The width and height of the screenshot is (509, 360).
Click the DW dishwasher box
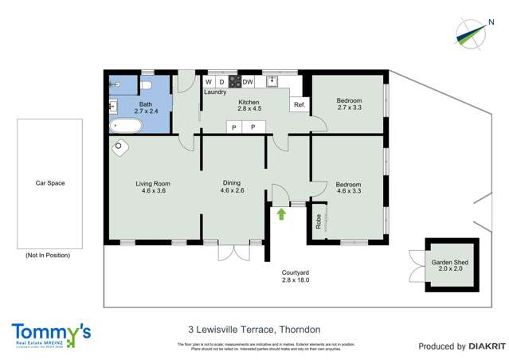point(248,82)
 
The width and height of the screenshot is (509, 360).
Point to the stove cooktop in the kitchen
point(234,82)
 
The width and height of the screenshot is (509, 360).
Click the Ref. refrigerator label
point(300,105)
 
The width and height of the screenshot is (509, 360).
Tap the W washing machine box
point(209,82)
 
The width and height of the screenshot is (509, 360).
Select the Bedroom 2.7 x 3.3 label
point(349,104)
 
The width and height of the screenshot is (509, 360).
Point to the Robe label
point(319,222)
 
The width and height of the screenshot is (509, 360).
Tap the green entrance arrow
point(280,213)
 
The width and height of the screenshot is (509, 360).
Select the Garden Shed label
point(447,265)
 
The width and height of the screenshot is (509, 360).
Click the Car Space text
point(50,183)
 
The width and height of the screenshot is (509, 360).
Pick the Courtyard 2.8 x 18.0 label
point(295,276)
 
